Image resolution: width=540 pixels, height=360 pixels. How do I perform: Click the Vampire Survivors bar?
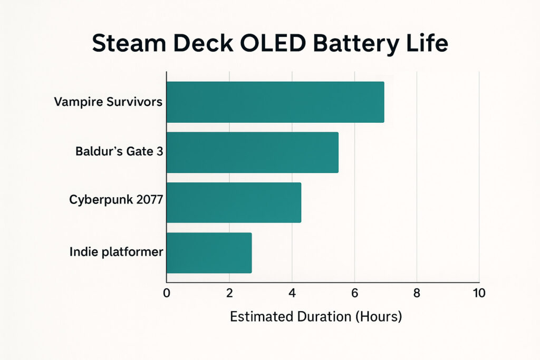click(275, 102)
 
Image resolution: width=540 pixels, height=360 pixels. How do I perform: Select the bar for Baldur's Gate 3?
click(252, 152)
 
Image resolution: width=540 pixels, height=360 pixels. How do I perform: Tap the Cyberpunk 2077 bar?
click(234, 202)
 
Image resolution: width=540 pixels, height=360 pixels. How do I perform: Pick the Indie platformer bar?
click(209, 252)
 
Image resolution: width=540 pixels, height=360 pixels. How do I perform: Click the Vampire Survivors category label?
click(108, 102)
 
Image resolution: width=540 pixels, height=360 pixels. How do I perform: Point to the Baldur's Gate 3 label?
click(119, 152)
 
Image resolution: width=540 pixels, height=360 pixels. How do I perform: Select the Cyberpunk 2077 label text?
click(116, 200)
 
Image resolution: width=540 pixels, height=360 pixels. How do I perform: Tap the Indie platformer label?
click(116, 252)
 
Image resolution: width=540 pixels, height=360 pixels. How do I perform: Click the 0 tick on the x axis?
click(167, 294)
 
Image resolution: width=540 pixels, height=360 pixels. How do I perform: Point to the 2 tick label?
click(229, 294)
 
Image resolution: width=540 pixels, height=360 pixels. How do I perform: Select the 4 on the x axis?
click(292, 294)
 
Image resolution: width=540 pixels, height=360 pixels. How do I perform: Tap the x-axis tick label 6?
click(354, 294)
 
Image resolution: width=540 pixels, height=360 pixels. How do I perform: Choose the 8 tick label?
click(417, 294)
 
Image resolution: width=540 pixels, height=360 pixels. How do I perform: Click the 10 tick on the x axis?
click(479, 294)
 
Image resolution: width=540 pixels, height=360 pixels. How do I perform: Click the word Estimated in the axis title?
click(261, 317)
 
